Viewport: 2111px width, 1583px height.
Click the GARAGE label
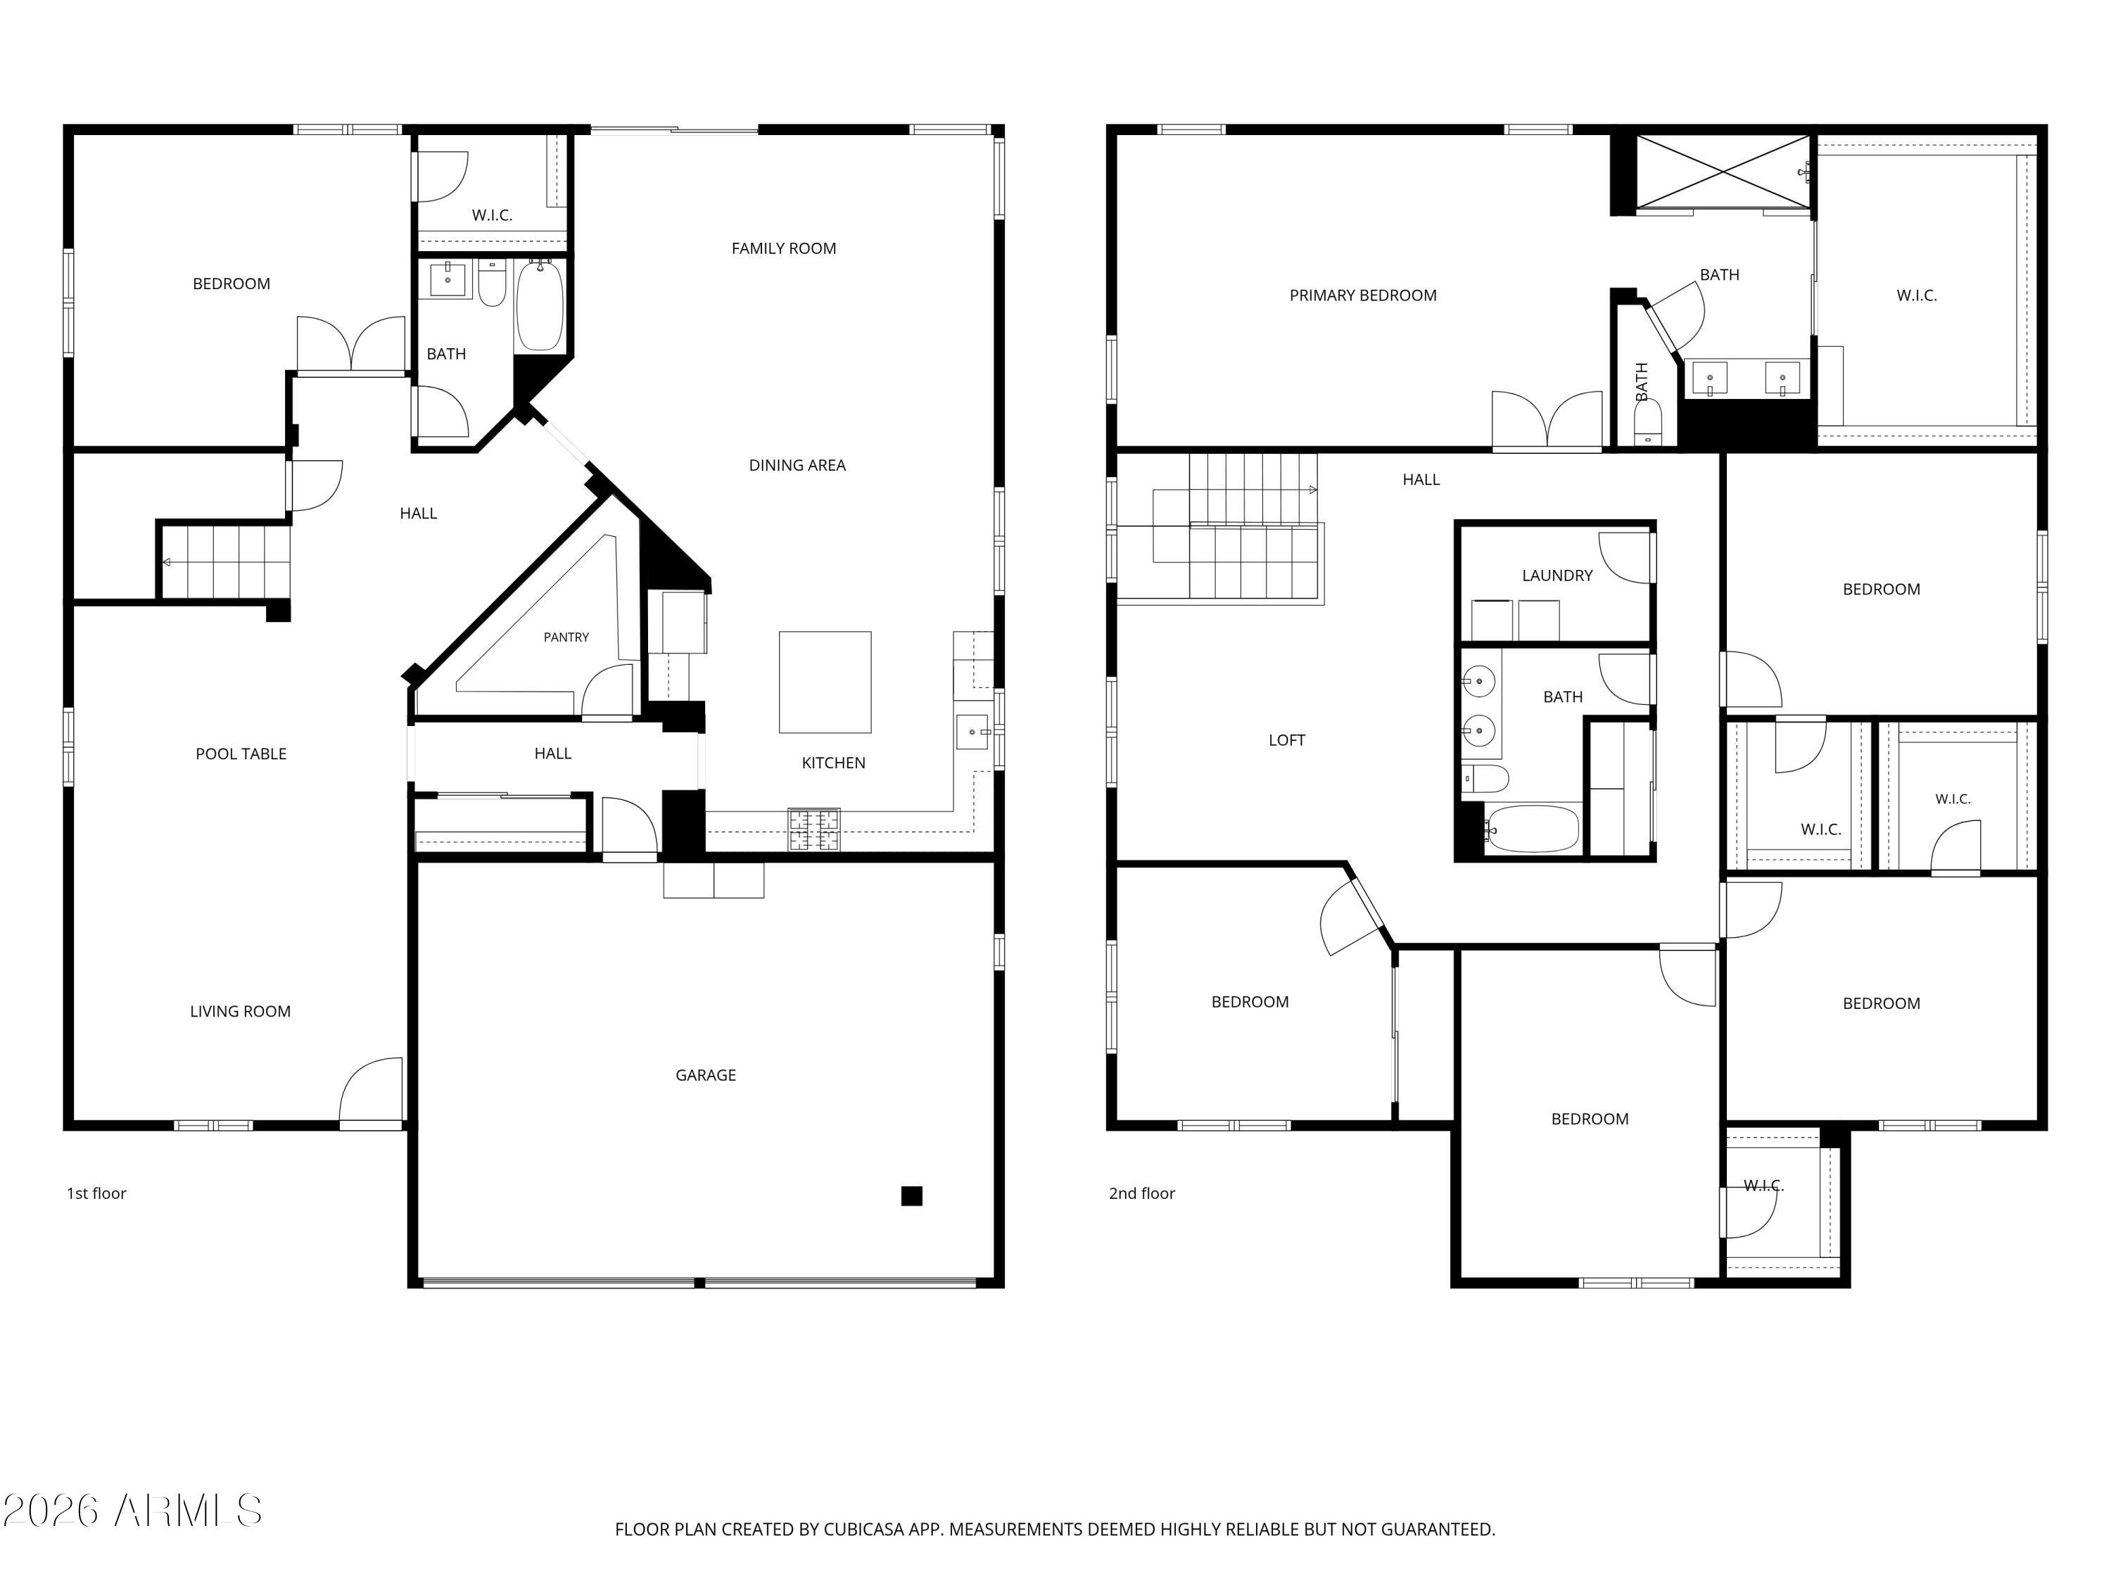(705, 1075)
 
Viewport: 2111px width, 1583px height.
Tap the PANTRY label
(566, 637)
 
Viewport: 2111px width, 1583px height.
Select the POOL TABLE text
(241, 754)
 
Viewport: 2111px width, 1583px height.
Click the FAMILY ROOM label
(783, 248)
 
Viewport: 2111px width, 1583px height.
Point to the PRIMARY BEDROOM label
(1363, 295)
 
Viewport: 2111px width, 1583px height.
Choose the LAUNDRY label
(1557, 576)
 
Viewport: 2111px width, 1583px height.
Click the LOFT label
(1286, 739)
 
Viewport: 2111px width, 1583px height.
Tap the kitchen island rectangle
(825, 682)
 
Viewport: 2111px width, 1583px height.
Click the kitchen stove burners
(814, 829)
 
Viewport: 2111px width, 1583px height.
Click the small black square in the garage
(911, 1195)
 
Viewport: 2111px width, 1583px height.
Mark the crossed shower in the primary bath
(1723, 172)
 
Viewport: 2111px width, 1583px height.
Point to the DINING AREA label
(797, 466)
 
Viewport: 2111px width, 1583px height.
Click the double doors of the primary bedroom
(1547, 420)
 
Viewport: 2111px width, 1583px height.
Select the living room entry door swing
(372, 1093)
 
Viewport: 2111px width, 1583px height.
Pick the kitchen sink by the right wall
(972, 732)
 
